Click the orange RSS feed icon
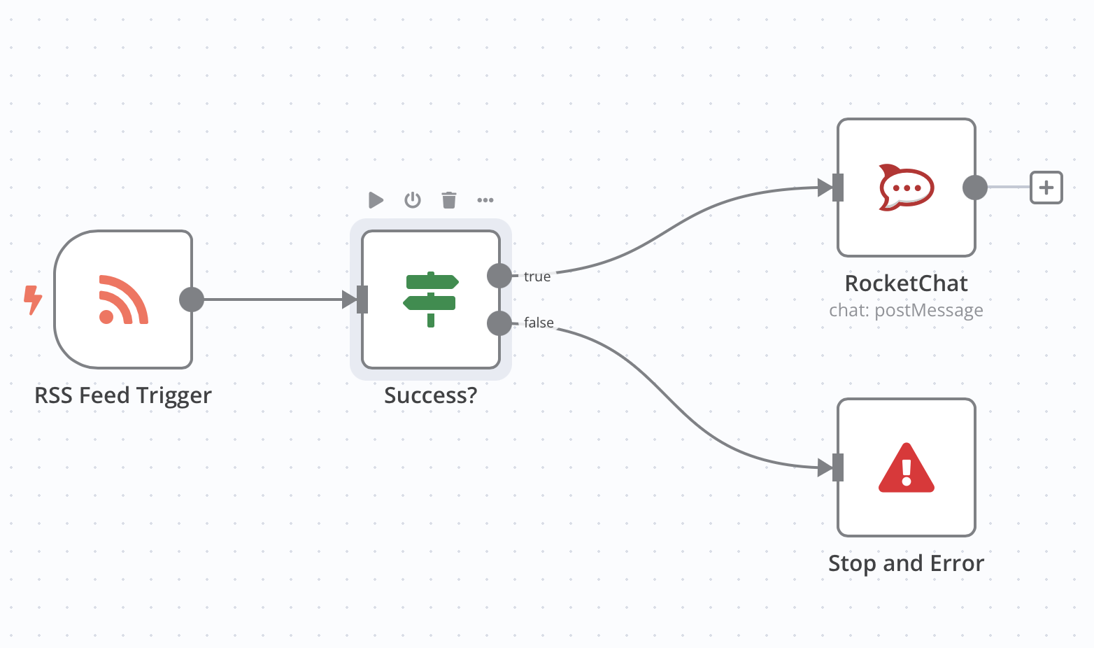[123, 300]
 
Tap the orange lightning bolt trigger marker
[32, 300]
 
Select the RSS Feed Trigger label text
[123, 395]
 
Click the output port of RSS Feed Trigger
[191, 300]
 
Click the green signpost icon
[430, 300]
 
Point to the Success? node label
[430, 395]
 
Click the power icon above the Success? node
[413, 200]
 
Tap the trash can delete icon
[449, 200]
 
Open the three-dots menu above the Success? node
[485, 200]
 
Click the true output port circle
[499, 276]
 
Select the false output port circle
[499, 323]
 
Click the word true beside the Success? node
[537, 276]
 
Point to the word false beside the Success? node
[539, 323]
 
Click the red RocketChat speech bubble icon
[906, 188]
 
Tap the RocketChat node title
[906, 283]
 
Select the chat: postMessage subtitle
[906, 310]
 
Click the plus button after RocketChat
[1046, 188]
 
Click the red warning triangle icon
[906, 467]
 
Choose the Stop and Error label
[906, 563]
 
